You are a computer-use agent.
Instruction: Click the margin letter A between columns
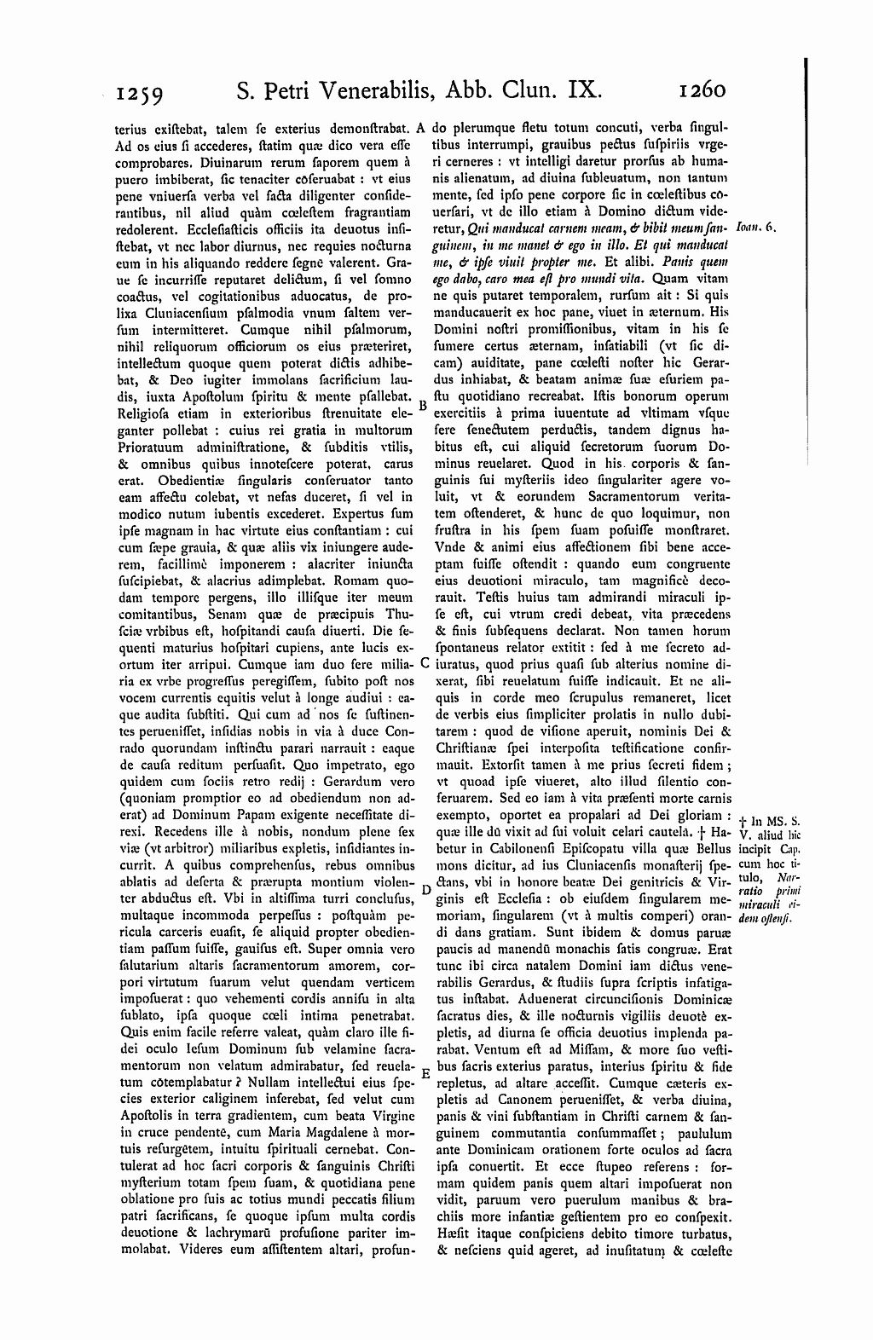coord(421,129)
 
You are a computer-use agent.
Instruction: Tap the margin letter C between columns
coord(424,663)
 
